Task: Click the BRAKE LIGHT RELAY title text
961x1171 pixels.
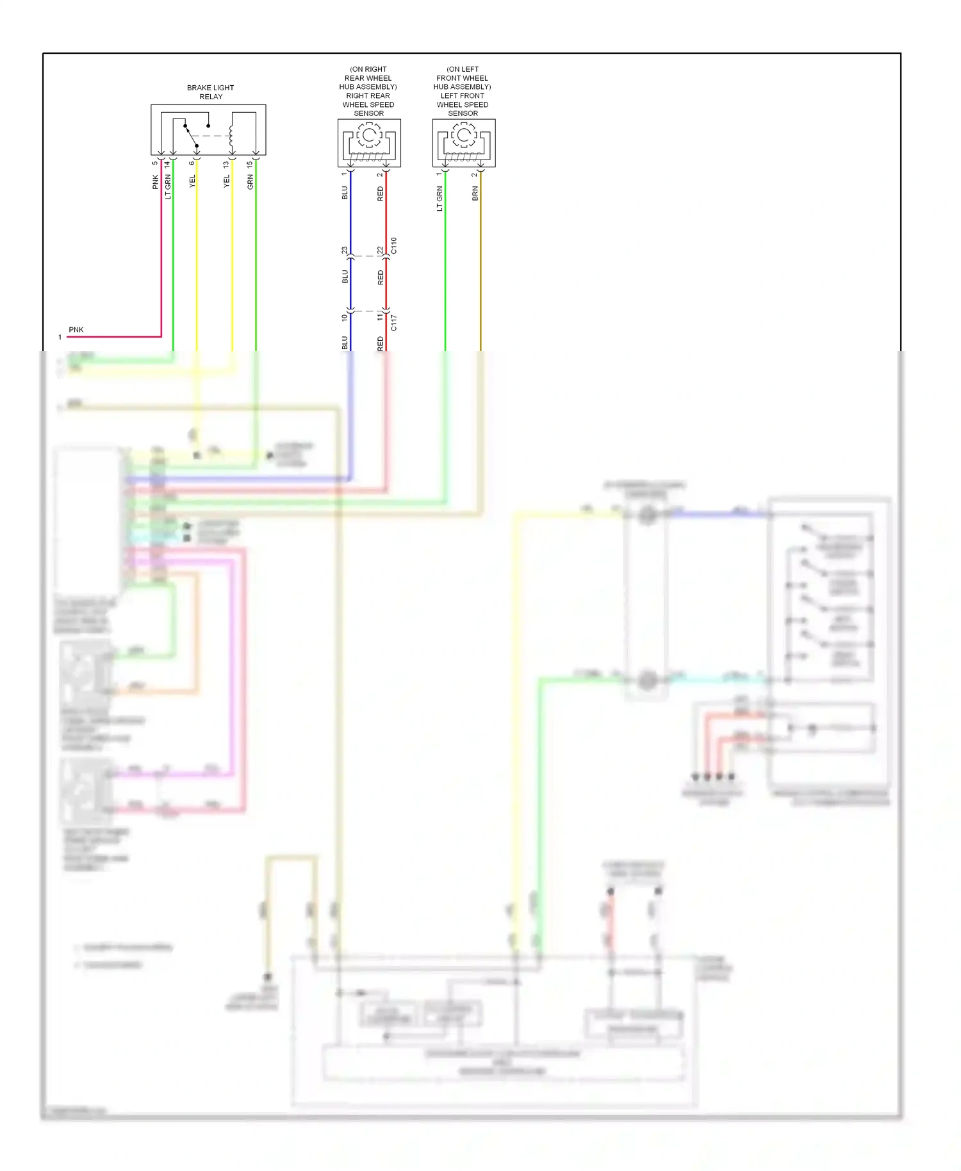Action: click(210, 92)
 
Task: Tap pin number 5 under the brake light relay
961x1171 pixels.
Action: click(155, 163)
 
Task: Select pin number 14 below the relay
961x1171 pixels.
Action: click(167, 164)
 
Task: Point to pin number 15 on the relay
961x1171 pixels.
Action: click(250, 164)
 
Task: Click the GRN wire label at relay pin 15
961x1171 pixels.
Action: click(251, 182)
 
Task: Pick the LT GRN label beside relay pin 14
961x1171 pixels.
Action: click(168, 187)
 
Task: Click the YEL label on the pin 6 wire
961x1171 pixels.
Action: click(192, 181)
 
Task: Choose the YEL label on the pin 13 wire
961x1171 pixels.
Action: click(226, 181)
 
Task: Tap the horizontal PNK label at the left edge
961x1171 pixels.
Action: click(76, 330)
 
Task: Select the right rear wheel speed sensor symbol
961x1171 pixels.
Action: click(369, 143)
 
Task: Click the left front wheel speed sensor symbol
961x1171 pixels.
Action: click(463, 143)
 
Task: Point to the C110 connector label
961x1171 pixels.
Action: click(394, 245)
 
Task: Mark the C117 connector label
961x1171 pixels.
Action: click(394, 323)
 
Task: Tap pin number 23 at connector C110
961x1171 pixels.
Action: click(345, 250)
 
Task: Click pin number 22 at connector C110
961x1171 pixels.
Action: click(380, 250)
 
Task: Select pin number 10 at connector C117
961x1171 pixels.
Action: click(345, 317)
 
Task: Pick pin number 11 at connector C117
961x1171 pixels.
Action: click(380, 317)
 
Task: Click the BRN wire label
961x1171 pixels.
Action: click(475, 193)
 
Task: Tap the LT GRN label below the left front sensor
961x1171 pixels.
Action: click(439, 199)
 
